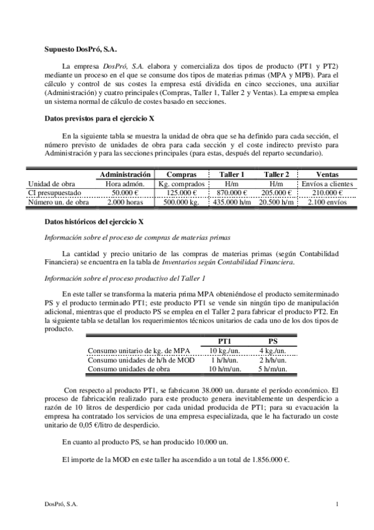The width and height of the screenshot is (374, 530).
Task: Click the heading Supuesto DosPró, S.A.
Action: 80,48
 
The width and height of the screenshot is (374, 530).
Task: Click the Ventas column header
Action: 327,174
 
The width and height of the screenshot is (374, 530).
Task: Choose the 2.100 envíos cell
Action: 327,202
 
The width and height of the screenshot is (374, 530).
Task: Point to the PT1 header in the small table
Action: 225,341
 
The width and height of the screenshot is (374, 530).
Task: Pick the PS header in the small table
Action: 273,341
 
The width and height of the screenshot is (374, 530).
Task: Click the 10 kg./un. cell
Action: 225,351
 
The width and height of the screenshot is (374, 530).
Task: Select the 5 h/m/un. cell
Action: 273,369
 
